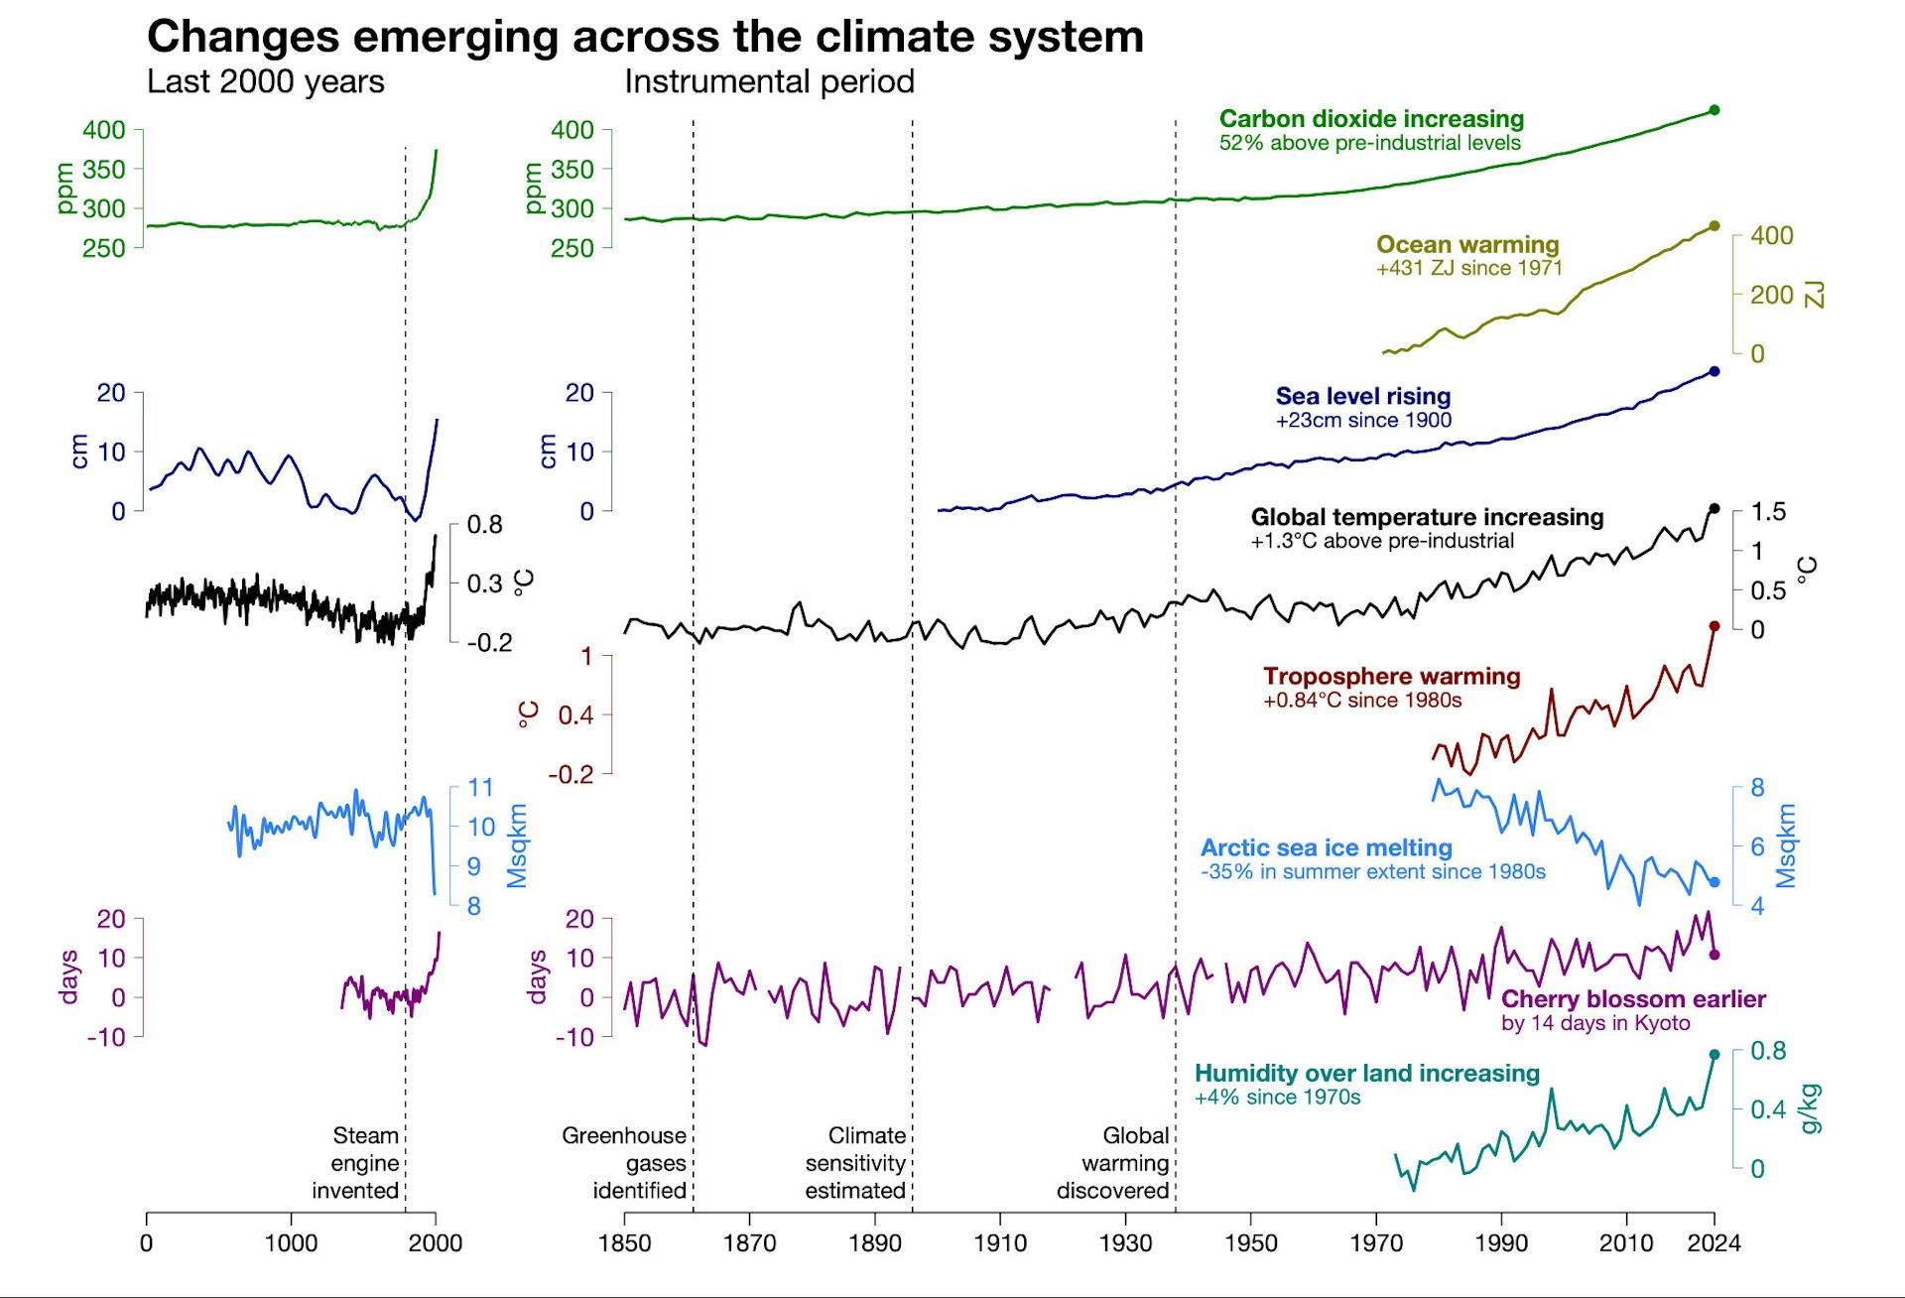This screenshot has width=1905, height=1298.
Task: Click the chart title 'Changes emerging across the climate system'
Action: click(645, 37)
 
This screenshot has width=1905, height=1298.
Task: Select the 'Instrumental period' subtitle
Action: click(769, 81)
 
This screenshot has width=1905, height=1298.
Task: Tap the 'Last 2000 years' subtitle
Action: click(265, 81)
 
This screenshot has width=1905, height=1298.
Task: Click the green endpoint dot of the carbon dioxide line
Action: click(1714, 110)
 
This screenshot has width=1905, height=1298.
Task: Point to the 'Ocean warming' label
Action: click(1467, 244)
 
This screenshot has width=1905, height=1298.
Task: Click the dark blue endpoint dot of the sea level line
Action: click(1714, 371)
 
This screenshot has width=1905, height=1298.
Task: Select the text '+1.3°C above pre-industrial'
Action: click(1382, 541)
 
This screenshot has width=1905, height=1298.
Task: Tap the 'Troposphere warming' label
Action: click(1391, 676)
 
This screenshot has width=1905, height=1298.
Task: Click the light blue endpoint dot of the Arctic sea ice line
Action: click(1714, 882)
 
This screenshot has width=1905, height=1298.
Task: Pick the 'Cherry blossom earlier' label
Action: click(1633, 998)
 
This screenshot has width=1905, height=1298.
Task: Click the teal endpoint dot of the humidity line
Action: click(1714, 1055)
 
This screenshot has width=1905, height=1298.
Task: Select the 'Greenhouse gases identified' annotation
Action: click(625, 1162)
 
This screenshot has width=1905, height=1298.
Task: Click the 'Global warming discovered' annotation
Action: click(1113, 1162)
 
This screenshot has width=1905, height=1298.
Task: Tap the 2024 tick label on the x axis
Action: click(1714, 1243)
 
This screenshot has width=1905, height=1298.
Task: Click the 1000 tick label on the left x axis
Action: click(291, 1243)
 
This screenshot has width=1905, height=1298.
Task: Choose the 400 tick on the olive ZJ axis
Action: click(1771, 236)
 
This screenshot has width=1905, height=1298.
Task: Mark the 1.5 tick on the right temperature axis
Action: click(1767, 512)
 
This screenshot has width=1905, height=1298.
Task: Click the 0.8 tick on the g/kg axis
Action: click(1767, 1051)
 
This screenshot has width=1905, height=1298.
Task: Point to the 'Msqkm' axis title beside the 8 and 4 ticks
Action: click(1786, 845)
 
